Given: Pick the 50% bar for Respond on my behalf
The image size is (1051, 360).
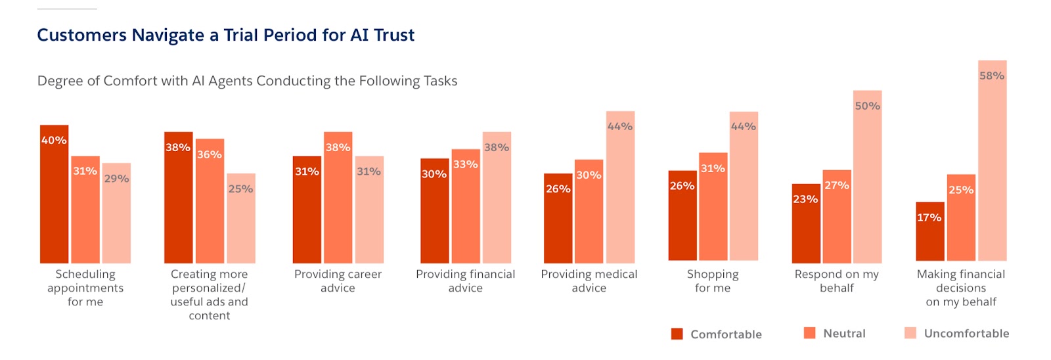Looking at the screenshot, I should click(x=867, y=177).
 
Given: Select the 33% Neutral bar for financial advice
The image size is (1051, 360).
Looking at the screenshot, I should click(x=465, y=206).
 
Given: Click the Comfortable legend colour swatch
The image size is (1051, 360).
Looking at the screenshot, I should click(x=677, y=334).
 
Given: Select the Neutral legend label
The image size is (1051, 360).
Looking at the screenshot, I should click(x=844, y=334).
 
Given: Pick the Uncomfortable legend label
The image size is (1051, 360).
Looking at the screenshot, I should click(x=966, y=334).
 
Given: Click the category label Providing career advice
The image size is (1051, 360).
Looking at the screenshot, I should click(x=338, y=281).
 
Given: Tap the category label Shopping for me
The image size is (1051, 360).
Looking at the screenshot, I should click(x=713, y=281).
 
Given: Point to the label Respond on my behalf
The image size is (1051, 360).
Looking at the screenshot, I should click(x=836, y=281).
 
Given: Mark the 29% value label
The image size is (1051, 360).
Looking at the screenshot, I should click(x=116, y=179).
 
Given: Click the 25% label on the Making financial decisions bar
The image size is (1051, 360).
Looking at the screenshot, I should click(x=960, y=190).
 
